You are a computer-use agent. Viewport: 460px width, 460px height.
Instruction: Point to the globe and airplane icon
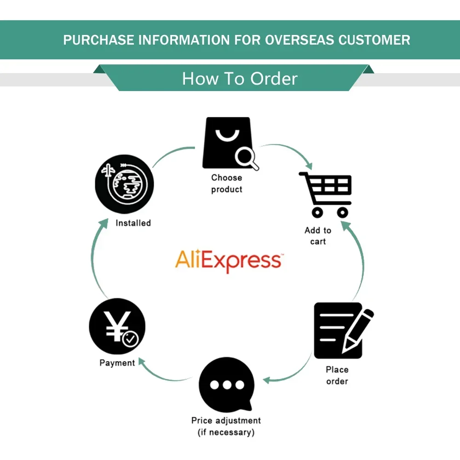click(x=124, y=184)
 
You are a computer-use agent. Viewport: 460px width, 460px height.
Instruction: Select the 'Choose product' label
click(x=227, y=184)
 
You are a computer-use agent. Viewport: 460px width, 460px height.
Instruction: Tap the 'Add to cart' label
click(x=318, y=236)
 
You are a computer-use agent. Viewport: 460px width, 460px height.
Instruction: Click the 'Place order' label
click(x=337, y=375)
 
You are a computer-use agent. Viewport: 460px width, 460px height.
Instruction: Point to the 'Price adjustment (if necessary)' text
click(x=226, y=426)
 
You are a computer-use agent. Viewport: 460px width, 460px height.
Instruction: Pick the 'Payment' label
click(x=117, y=363)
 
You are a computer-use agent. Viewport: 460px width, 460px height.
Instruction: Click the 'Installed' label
click(x=133, y=223)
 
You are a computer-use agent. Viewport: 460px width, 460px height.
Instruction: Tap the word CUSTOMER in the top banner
click(x=374, y=40)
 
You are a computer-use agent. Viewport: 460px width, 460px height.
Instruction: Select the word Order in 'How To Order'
click(x=275, y=79)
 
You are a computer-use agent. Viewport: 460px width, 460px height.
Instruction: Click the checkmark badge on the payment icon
click(x=130, y=339)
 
